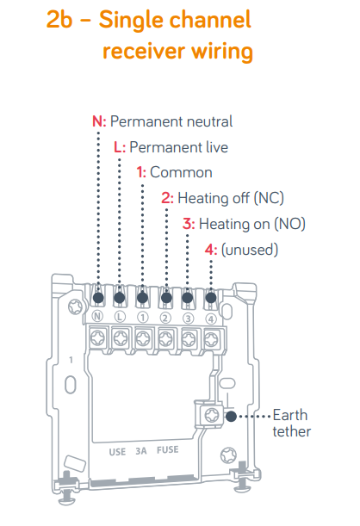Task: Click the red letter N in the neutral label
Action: (97, 121)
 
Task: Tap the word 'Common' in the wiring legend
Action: (181, 172)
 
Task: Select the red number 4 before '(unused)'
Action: (209, 250)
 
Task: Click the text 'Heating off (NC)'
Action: (231, 198)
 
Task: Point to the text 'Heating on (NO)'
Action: (252, 224)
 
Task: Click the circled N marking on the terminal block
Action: (97, 316)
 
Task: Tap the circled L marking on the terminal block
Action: (120, 317)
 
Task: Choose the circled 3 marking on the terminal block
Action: (189, 319)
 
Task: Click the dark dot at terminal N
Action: (98, 298)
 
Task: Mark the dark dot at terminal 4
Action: (211, 298)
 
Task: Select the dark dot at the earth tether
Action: (231, 417)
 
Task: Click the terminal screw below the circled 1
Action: (143, 339)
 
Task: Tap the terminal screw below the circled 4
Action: (211, 339)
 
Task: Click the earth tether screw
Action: (211, 415)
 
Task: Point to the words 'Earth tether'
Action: (292, 424)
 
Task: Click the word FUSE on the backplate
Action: (167, 450)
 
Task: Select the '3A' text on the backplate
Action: (141, 451)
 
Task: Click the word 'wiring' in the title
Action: (222, 52)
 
